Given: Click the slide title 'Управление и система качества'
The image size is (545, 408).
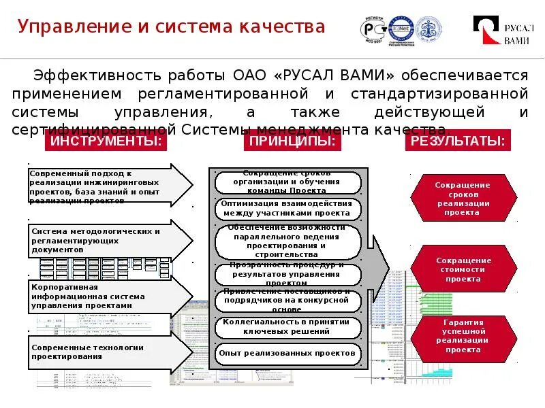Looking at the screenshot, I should pyautogui.click(x=172, y=27).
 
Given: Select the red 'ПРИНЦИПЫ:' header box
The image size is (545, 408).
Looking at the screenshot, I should pyautogui.click(x=292, y=141).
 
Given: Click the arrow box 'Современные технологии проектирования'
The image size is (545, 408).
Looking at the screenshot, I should pyautogui.click(x=109, y=352).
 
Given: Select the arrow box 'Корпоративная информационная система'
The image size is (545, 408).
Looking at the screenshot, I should pyautogui.click(x=109, y=296).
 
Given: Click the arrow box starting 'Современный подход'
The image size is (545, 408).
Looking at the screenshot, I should pyautogui.click(x=109, y=186).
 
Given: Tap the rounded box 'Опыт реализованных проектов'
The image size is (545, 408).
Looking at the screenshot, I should pyautogui.click(x=287, y=353).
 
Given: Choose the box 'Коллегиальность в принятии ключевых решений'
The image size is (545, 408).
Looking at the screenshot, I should pyautogui.click(x=287, y=326).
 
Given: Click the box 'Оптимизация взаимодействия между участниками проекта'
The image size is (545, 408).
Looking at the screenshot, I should pyautogui.click(x=287, y=208).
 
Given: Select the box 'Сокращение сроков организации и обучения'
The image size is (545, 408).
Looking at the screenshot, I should pyautogui.click(x=287, y=182).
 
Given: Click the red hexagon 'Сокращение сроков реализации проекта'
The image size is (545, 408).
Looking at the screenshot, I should pyautogui.click(x=463, y=199).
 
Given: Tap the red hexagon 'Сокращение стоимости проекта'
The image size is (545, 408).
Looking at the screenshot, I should pyautogui.click(x=463, y=269).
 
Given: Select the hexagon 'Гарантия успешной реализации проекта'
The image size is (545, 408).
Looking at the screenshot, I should pyautogui.click(x=463, y=336).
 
